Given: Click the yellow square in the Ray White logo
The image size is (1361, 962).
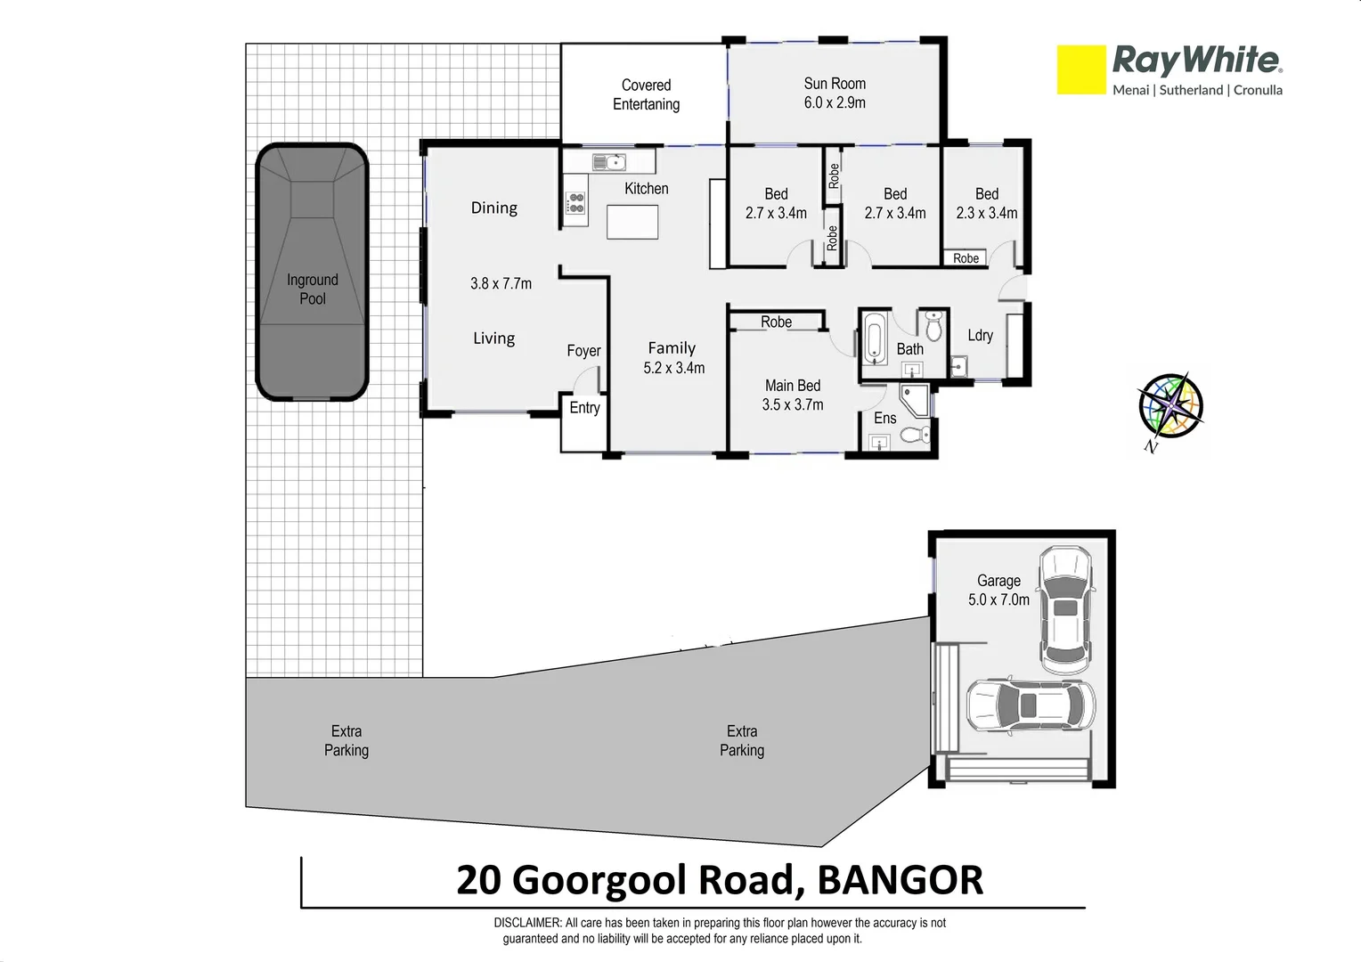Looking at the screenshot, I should [x=1080, y=70].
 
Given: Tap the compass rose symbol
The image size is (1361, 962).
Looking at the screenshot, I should [x=1170, y=406].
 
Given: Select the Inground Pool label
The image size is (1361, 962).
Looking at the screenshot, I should [x=313, y=289].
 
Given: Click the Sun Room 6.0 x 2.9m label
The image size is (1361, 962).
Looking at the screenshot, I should [x=835, y=93].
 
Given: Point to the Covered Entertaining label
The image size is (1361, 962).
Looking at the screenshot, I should [x=646, y=94].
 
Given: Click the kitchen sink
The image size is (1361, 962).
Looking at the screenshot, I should [x=610, y=162].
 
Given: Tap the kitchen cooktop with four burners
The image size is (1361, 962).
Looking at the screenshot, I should [x=575, y=203].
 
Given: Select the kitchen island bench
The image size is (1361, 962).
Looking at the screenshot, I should [x=632, y=222].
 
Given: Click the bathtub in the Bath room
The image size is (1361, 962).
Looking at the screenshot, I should [x=874, y=338].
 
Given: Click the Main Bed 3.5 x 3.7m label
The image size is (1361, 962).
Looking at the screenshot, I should [x=792, y=395].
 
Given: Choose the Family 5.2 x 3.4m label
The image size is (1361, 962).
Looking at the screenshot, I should [x=672, y=357].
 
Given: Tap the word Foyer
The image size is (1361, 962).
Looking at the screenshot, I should [x=583, y=351].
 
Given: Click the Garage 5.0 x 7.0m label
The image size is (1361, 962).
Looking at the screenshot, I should [x=998, y=590].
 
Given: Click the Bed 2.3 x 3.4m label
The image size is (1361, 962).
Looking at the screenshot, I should [x=986, y=203].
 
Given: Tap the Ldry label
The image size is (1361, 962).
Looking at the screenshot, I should [x=980, y=335].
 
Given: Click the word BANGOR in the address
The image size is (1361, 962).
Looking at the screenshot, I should [x=900, y=880].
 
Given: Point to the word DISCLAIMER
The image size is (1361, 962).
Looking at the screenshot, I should [x=527, y=923].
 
